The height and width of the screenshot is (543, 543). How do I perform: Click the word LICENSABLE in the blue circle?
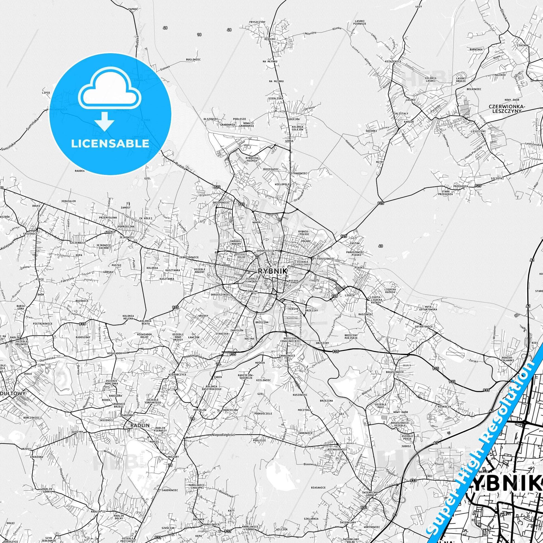110,143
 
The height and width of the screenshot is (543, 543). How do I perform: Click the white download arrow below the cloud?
104,121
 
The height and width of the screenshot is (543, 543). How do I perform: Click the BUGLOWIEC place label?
193,60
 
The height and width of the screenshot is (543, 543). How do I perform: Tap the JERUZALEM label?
69,201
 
